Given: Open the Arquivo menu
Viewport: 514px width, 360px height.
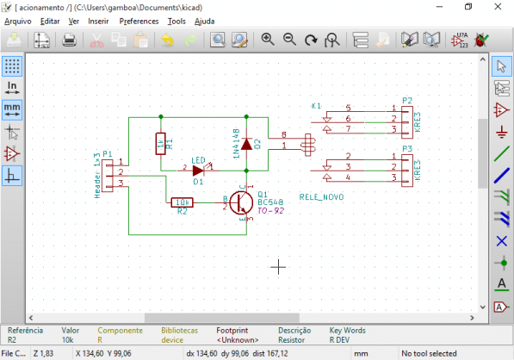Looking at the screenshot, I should pyautogui.click(x=18, y=20).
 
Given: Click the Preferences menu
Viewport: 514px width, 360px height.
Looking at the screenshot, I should pyautogui.click(x=139, y=20).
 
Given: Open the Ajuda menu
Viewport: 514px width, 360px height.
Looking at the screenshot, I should pyautogui.click(x=205, y=20).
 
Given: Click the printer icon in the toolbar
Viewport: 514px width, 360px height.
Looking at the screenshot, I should pyautogui.click(x=70, y=40).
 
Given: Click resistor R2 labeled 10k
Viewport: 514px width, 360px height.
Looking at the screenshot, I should pyautogui.click(x=182, y=202).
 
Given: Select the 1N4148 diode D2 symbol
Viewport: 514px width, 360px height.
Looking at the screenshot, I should pyautogui.click(x=247, y=144).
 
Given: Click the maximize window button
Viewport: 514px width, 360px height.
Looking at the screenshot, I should pyautogui.click(x=468, y=6).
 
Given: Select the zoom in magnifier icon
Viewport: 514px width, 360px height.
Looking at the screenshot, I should pyautogui.click(x=268, y=40).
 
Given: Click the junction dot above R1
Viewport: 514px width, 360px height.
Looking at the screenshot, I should pyautogui.click(x=161, y=115).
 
